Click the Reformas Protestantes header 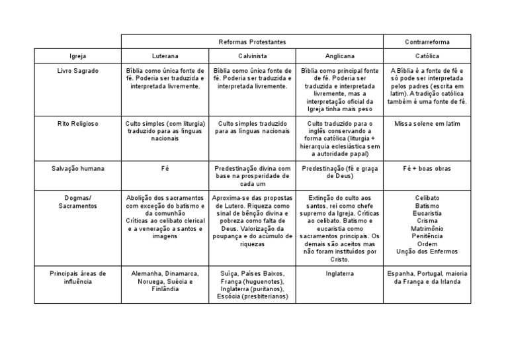point(251,42)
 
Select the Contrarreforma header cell point(427,42)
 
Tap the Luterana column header point(165,56)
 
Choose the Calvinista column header point(252,56)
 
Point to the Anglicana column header point(339,56)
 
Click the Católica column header point(427,56)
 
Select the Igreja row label point(77,56)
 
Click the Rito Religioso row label point(77,124)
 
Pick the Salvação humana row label point(77,169)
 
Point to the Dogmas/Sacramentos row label point(77,202)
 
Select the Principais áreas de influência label point(77,277)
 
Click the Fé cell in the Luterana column point(165,169)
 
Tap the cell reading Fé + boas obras point(427,169)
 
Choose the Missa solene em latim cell point(427,124)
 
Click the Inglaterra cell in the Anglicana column point(339,273)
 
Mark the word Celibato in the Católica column point(427,198)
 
